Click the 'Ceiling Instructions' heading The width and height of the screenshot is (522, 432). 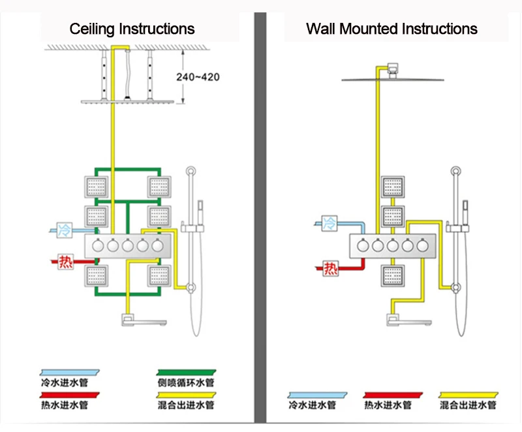[x=132, y=29]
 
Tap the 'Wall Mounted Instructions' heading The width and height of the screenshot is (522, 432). [x=391, y=29]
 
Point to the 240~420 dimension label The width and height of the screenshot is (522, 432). [x=198, y=77]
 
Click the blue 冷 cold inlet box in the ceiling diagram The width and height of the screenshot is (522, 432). [x=65, y=230]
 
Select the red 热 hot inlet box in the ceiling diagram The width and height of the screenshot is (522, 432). [x=65, y=262]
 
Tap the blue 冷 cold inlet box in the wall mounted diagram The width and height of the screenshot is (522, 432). [x=330, y=223]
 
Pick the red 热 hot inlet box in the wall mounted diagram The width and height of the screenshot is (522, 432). [x=331, y=268]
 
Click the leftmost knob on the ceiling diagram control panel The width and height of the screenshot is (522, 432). [x=98, y=245]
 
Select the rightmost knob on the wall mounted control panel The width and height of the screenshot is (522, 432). [x=422, y=245]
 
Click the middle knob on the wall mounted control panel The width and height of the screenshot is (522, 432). [x=393, y=245]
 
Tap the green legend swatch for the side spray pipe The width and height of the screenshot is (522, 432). [x=186, y=373]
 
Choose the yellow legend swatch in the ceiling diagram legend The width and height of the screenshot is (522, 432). [x=186, y=395]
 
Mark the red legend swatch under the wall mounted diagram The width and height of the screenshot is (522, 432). [x=393, y=395]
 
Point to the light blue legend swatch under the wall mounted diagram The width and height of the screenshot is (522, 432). [x=317, y=395]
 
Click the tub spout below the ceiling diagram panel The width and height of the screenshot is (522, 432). [x=143, y=320]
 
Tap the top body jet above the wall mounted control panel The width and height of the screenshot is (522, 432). [x=393, y=187]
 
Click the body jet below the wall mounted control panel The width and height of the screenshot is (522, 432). [x=393, y=275]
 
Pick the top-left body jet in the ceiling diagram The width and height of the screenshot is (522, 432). [x=96, y=187]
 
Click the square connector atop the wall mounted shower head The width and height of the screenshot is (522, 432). [x=393, y=69]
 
